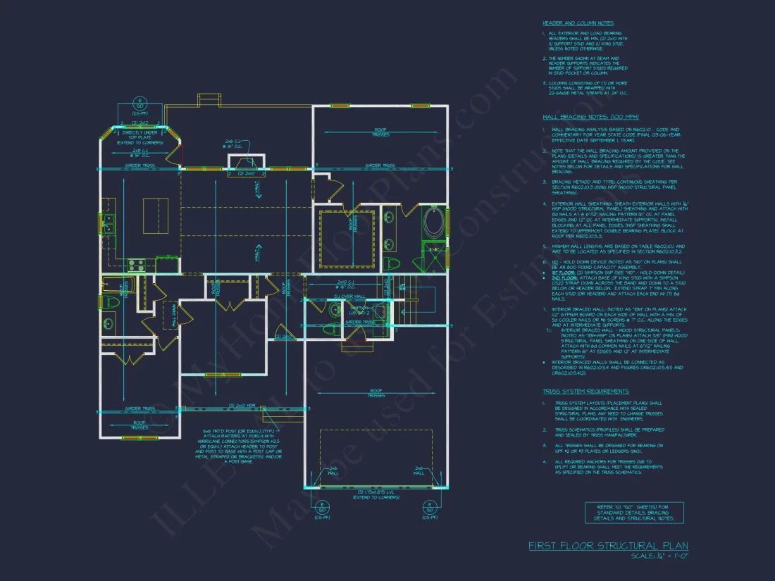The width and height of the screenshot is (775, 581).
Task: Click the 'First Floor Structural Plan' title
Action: [608, 546]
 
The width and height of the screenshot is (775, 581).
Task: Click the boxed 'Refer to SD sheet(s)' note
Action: [633, 512]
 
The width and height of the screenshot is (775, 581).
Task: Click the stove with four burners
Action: [136, 265]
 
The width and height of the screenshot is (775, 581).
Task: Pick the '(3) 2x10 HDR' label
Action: [241, 406]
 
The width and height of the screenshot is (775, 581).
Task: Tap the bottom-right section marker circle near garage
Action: [429, 508]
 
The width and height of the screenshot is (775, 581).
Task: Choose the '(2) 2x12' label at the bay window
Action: [139, 122]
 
